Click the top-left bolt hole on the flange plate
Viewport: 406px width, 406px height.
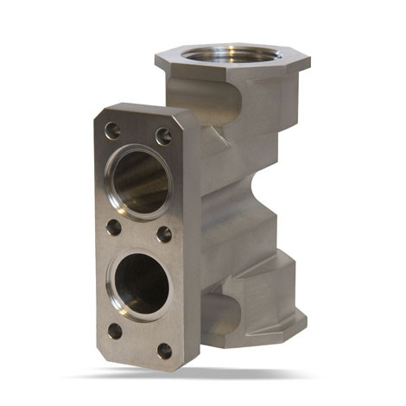tap(112, 130)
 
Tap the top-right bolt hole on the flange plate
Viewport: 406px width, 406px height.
tap(162, 136)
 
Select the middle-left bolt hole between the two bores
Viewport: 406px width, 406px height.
tap(113, 227)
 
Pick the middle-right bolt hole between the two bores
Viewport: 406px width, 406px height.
tap(163, 234)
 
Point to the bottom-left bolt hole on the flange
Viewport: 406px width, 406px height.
tap(114, 330)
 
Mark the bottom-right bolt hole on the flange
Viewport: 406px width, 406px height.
tap(164, 351)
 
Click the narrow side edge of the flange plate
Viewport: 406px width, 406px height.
tap(192, 242)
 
